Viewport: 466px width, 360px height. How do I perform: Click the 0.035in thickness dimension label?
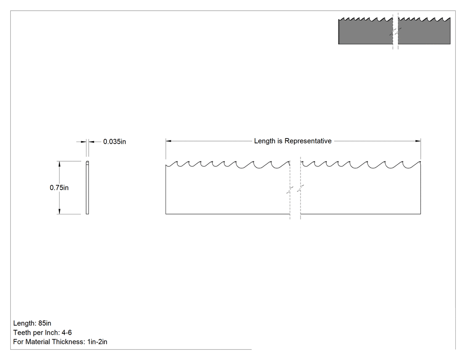pyautogui.click(x=115, y=142)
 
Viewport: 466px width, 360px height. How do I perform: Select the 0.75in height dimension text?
pyautogui.click(x=59, y=188)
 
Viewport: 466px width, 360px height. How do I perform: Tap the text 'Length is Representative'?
pyautogui.click(x=293, y=141)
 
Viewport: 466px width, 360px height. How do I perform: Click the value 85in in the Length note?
pyautogui.click(x=44, y=323)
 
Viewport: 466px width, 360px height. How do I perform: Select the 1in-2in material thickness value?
pyautogui.click(x=97, y=341)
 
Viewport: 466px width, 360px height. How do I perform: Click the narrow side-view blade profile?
pyautogui.click(x=87, y=188)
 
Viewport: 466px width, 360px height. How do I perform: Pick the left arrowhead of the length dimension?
pyautogui.click(x=168, y=141)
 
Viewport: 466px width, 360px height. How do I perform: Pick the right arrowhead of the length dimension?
pyautogui.click(x=418, y=141)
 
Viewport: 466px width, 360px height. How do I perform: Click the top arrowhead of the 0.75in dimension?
pyautogui.click(x=59, y=164)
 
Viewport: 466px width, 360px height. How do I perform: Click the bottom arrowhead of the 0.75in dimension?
pyautogui.click(x=59, y=211)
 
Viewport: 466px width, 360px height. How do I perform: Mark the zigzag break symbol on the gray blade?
pyautogui.click(x=395, y=32)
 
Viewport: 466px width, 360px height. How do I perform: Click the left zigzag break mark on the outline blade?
pyautogui.click(x=290, y=190)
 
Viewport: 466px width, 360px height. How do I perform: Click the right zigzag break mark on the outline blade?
pyautogui.click(x=300, y=189)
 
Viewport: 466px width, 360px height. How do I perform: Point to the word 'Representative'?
pyautogui.click(x=308, y=141)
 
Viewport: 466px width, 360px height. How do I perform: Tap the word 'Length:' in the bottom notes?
pyautogui.click(x=25, y=323)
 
